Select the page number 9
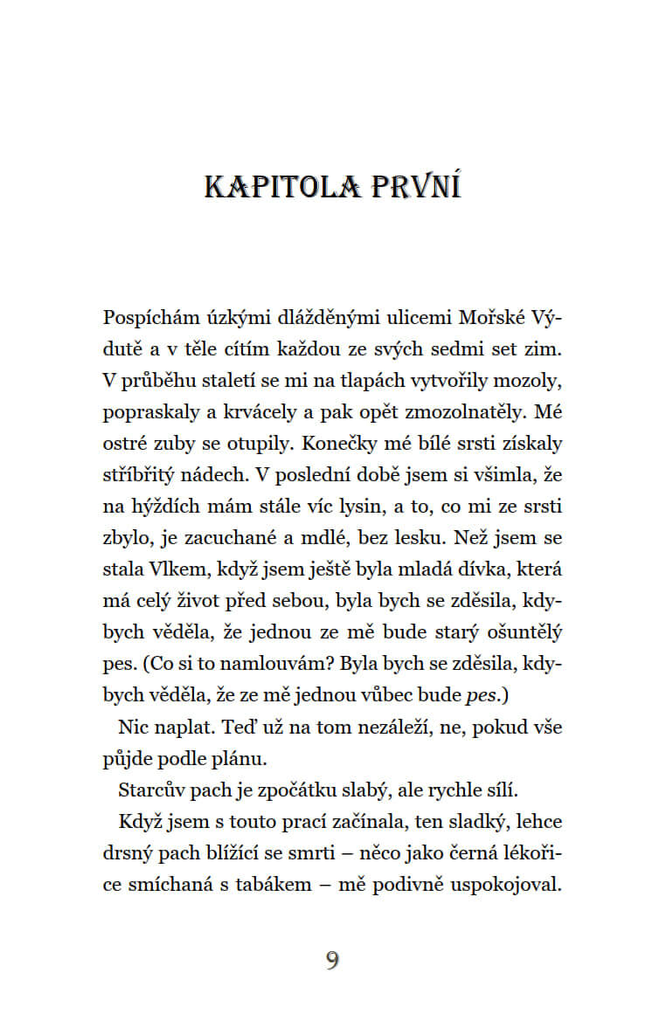point(332,962)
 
